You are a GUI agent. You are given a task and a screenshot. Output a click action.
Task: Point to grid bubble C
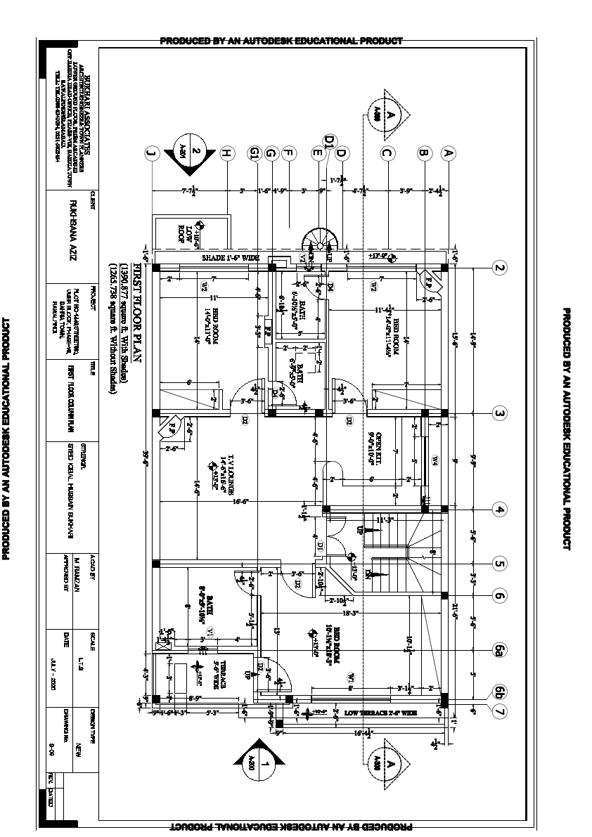[386, 153]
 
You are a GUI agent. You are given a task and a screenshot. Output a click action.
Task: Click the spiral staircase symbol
[317, 245]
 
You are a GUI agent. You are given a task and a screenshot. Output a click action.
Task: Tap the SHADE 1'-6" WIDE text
[231, 258]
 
